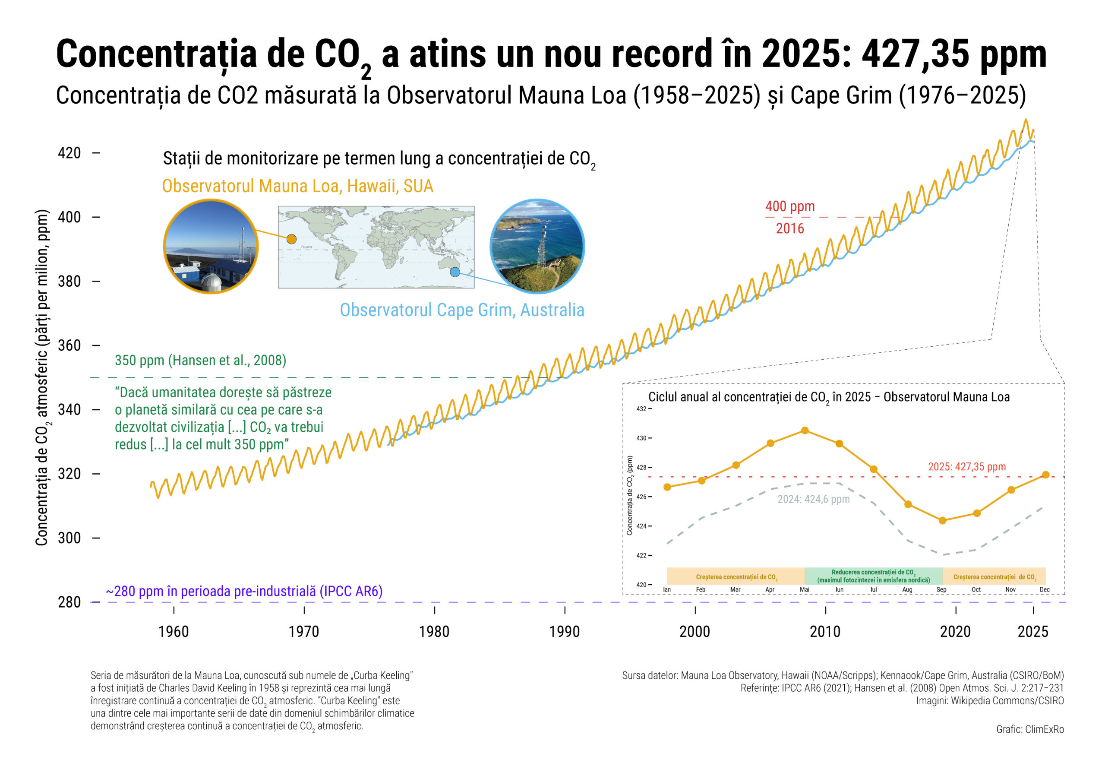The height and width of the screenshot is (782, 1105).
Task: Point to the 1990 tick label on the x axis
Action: pyautogui.click(x=564, y=631)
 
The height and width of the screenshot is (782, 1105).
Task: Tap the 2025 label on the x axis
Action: pyautogui.click(x=1032, y=631)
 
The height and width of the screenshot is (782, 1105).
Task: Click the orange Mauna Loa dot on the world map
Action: pyautogui.click(x=291, y=239)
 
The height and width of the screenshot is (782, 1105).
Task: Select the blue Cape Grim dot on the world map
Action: pyautogui.click(x=455, y=272)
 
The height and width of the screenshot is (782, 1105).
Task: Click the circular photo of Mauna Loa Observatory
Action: pyautogui.click(x=211, y=246)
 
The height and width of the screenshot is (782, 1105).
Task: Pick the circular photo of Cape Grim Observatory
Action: pyautogui.click(x=537, y=246)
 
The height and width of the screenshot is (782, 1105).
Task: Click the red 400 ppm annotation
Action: pyautogui.click(x=790, y=206)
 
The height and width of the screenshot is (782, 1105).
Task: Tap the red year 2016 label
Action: pyautogui.click(x=790, y=228)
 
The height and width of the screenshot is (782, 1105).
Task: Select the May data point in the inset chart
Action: pyautogui.click(x=805, y=431)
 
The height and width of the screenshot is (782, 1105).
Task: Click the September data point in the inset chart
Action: pyautogui.click(x=942, y=520)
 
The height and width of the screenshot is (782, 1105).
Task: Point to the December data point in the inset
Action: pyautogui.click(x=1045, y=475)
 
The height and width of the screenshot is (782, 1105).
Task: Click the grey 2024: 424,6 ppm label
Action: pyautogui.click(x=813, y=499)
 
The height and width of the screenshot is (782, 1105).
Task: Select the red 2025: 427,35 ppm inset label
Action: pyautogui.click(x=967, y=467)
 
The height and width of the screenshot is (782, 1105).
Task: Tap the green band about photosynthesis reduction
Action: pyautogui.click(x=873, y=576)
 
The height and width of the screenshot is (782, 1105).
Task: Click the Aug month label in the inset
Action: pyautogui.click(x=907, y=590)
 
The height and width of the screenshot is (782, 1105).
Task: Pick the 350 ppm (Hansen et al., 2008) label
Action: pyautogui.click(x=200, y=360)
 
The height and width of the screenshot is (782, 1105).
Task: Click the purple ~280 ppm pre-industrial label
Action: pyautogui.click(x=244, y=591)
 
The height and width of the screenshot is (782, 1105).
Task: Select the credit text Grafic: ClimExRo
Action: pyautogui.click(x=1029, y=729)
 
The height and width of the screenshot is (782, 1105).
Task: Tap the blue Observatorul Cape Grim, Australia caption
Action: pyautogui.click(x=462, y=310)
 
